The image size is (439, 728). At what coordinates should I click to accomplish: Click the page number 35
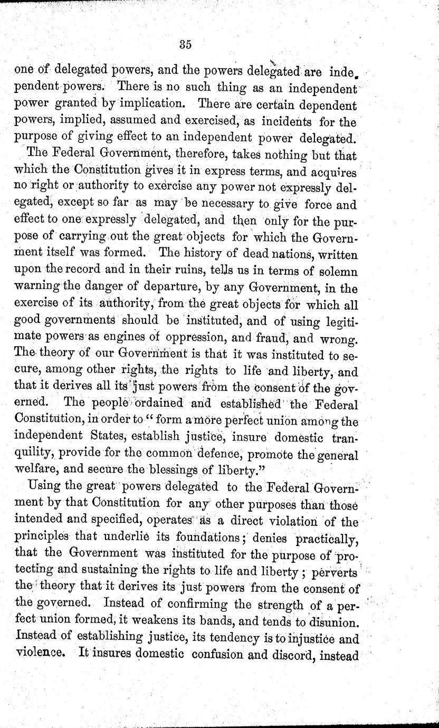185,45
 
